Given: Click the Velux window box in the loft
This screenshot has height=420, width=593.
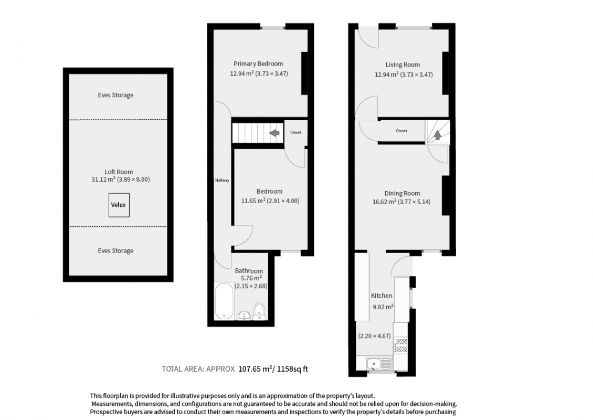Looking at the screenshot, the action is coord(119,205).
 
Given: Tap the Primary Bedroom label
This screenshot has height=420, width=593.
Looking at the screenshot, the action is coord(258,64).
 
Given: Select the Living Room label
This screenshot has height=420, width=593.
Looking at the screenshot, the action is coord(403,65).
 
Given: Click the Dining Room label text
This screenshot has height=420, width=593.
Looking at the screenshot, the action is coord(402,193).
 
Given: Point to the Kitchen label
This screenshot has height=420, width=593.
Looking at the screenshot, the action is coord(382,296).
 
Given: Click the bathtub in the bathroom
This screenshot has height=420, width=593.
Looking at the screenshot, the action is coord(225,301).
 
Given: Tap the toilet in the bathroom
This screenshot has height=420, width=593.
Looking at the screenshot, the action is coord(259,311).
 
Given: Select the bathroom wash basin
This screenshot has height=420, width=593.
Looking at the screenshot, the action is coord(244,315).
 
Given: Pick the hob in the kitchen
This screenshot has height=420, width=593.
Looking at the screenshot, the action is coord(401,345).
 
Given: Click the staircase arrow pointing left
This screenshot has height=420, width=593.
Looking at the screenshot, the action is coord(274,133).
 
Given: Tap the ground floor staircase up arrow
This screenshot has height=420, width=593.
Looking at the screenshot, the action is coord(437,135).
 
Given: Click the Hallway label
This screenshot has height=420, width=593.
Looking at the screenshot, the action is coord(223,181).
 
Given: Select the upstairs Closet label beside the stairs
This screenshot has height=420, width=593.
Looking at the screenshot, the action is coord(296,132).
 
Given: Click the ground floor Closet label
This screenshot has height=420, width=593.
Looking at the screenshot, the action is coord(401,131).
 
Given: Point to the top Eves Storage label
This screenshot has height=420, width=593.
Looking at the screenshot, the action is coord(116,95).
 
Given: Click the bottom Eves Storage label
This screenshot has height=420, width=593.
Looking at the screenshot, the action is coord(116,250).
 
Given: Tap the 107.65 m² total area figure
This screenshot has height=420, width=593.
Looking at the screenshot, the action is coord(255,369).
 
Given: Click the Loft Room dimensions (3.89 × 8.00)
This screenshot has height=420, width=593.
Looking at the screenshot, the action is coord(133,180).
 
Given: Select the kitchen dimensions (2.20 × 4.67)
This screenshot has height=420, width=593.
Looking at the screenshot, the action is coord(374,335).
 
